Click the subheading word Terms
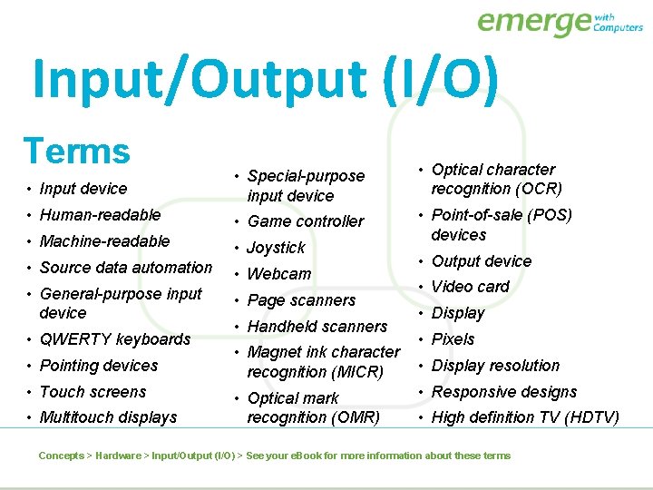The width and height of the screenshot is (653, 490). (x=77, y=151)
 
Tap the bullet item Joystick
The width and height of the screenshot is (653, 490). (x=276, y=248)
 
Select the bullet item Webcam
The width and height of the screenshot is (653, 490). (x=278, y=274)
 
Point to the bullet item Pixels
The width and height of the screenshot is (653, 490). (x=453, y=339)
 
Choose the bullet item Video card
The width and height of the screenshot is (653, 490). (x=470, y=287)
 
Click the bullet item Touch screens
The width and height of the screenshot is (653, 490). (x=93, y=392)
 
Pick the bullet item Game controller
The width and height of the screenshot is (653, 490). (x=305, y=221)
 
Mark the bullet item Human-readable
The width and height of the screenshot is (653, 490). (x=100, y=215)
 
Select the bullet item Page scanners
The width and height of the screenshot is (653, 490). (x=301, y=300)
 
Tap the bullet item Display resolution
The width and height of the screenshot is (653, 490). (x=495, y=366)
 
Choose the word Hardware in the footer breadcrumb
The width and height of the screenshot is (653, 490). (x=118, y=456)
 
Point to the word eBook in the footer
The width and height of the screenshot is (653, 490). (x=304, y=456)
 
